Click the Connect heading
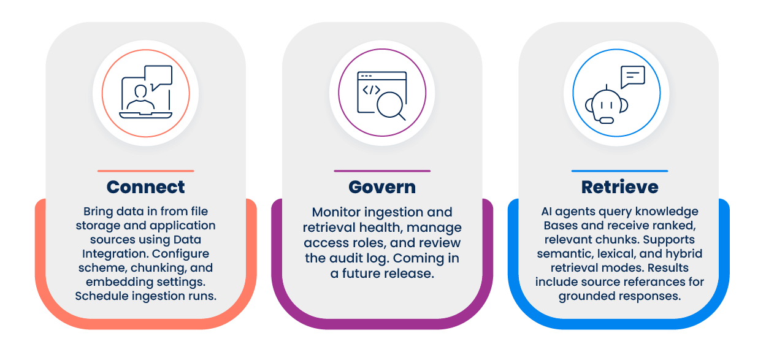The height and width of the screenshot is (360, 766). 146,187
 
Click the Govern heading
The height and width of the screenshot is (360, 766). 382,187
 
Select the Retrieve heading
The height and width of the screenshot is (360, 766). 619,187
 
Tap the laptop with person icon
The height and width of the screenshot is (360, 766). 146,92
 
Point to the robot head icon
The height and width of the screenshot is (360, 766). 607,105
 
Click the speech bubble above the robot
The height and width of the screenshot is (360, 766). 633,77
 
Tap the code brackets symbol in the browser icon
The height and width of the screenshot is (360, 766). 371,90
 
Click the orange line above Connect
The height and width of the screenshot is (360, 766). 146,171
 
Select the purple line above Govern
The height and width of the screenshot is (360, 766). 382,171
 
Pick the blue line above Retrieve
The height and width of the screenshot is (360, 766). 619,171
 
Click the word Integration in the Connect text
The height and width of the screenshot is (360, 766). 115,254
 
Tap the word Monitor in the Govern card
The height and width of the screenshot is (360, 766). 336,212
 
